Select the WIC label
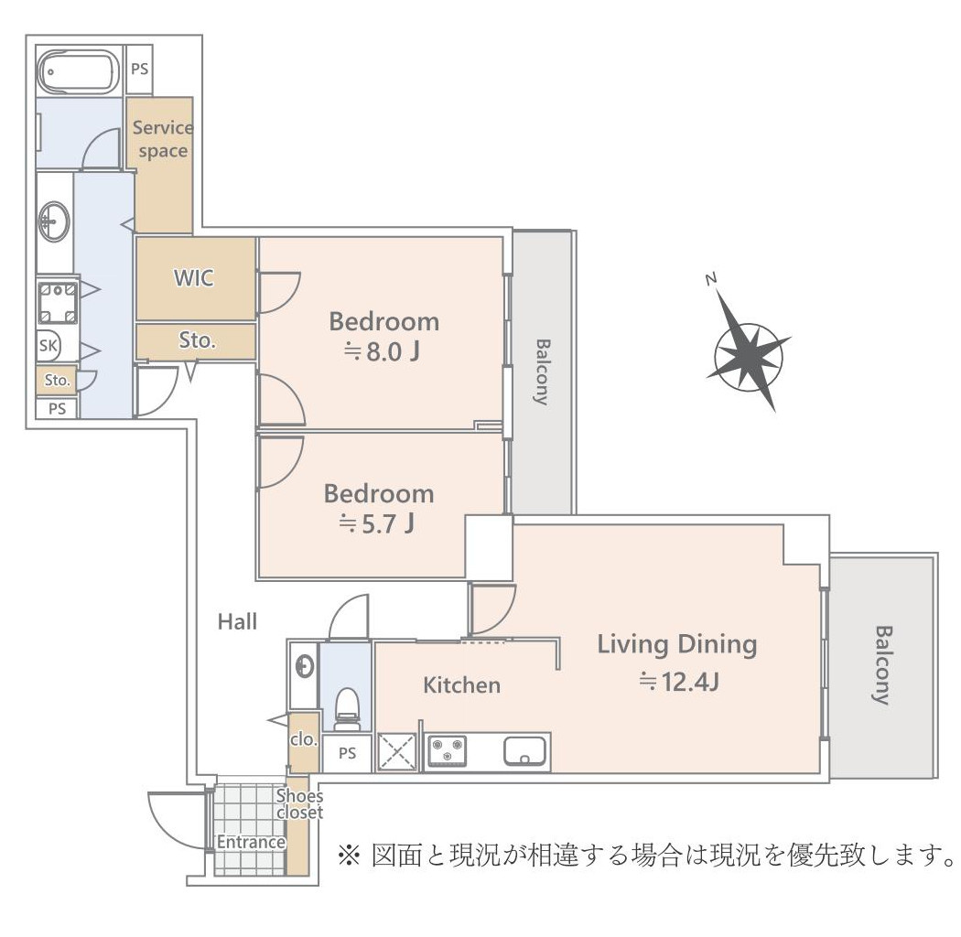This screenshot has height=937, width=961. click(x=194, y=278)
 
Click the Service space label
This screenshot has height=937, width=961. click(x=162, y=139)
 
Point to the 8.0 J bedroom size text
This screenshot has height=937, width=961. click(x=384, y=352)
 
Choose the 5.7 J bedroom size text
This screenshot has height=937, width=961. click(x=379, y=524)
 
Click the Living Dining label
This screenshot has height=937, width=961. click(x=676, y=644)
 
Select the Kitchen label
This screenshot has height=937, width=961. click(x=461, y=684)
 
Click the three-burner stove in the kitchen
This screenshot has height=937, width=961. click(x=447, y=751)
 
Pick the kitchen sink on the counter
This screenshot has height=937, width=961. click(x=525, y=751)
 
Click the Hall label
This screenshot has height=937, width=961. click(x=237, y=622)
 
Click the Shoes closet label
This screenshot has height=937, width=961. click(x=299, y=804)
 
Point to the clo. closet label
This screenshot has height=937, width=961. click(x=303, y=739)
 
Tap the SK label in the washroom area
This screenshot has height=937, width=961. click(x=48, y=346)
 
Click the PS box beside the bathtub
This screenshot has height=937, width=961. click(x=139, y=69)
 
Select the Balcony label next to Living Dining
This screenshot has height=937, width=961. click(x=881, y=664)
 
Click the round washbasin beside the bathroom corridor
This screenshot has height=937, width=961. click(x=53, y=221)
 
